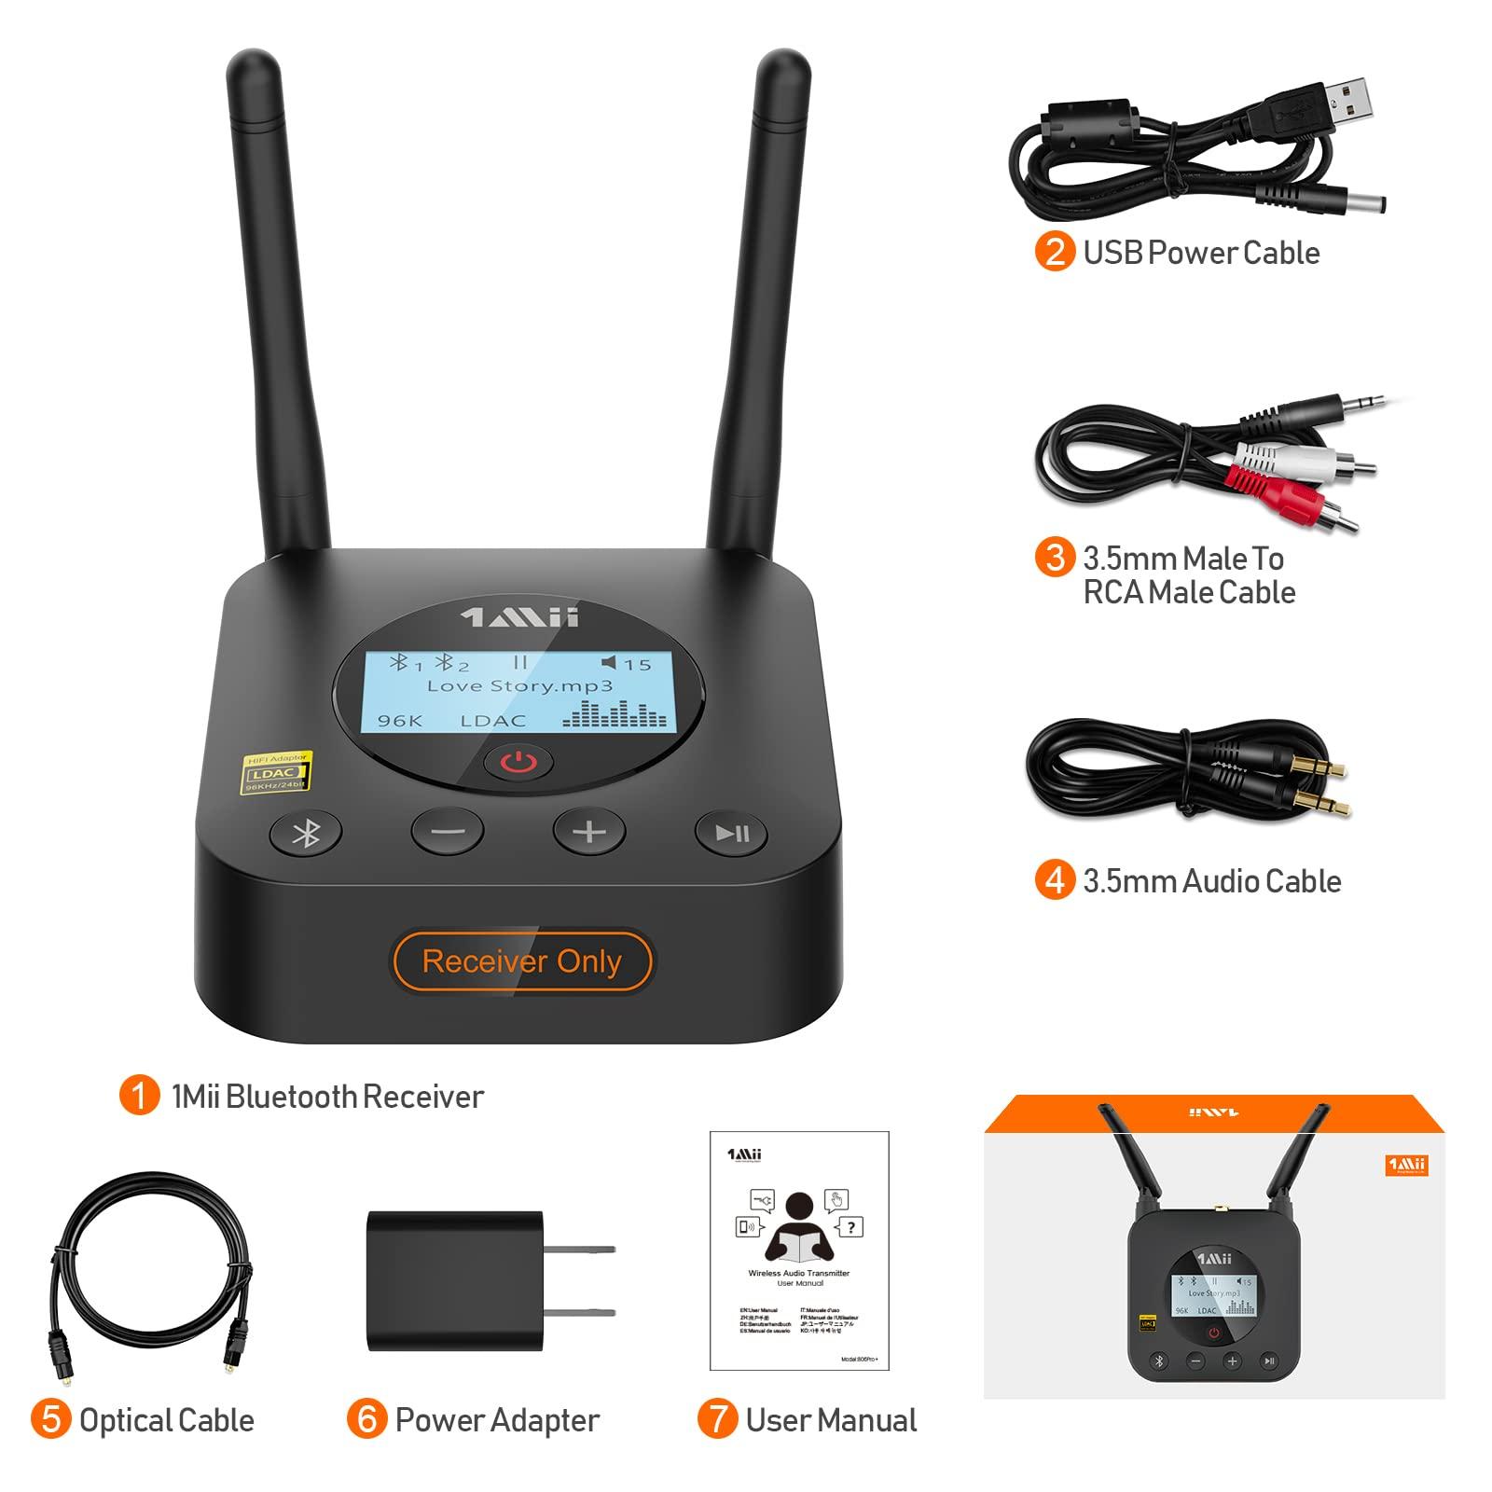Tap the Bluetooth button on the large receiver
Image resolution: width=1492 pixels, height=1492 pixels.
(306, 833)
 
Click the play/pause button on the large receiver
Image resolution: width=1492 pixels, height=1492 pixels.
(731, 833)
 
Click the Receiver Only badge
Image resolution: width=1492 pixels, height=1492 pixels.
(522, 961)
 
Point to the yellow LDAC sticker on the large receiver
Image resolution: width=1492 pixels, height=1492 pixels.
(277, 773)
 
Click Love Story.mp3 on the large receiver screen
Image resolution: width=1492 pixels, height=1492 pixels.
(519, 685)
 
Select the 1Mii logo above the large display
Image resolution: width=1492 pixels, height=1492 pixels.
(520, 617)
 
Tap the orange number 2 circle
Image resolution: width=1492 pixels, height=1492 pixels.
(1055, 253)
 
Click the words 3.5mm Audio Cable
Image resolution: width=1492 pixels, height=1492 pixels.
(1211, 881)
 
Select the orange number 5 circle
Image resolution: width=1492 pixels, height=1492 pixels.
(50, 1420)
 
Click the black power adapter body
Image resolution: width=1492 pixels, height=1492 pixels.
(454, 1280)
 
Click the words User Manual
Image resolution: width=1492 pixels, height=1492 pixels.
(831, 1420)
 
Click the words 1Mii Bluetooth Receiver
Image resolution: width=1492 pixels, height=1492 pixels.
(327, 1097)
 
